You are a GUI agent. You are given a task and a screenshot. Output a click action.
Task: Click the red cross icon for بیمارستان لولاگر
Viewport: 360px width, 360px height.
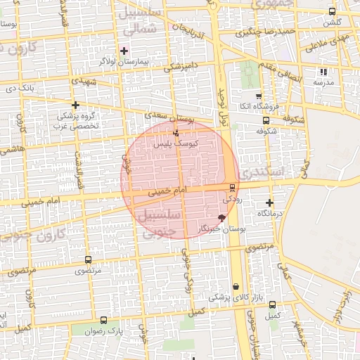point(124,51)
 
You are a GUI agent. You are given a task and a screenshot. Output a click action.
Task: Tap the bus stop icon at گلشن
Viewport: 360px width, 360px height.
point(332,11)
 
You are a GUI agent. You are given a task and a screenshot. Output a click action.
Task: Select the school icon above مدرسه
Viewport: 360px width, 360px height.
point(323,72)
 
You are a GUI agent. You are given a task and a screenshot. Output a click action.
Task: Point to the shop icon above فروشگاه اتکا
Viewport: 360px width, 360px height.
point(258,96)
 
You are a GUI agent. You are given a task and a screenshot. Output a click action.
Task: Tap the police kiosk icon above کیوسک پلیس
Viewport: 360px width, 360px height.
point(176,132)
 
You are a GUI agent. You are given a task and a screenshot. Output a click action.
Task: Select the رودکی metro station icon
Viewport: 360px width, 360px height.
point(232,187)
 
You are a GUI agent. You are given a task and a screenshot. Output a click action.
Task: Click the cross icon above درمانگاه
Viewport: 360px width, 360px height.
point(269,202)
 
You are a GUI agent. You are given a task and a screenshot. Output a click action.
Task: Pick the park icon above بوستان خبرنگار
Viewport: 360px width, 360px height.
point(223,219)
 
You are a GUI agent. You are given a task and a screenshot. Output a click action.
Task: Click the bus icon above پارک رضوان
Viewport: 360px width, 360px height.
point(104,320)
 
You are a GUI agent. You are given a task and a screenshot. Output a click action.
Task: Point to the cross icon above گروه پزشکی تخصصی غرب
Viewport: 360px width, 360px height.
point(75,104)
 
